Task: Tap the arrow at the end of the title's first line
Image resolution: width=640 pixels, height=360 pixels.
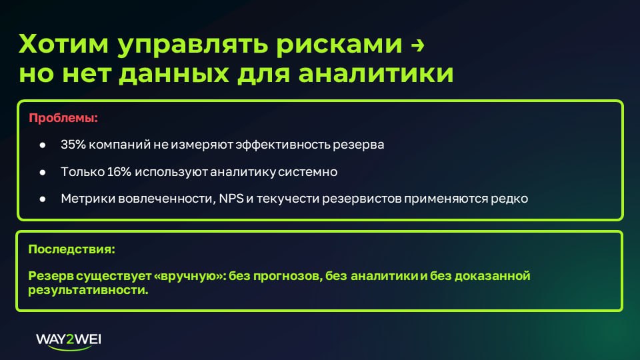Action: click(417, 46)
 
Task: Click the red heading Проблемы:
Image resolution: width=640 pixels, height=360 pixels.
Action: click(63, 119)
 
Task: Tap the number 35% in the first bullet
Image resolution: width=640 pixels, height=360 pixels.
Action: click(72, 145)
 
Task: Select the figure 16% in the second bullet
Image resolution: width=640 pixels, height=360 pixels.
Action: click(119, 172)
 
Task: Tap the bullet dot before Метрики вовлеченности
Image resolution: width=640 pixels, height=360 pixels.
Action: click(42, 199)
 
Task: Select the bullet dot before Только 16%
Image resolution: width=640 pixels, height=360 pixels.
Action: click(42, 172)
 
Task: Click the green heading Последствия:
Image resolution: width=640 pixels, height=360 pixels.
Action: click(71, 250)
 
